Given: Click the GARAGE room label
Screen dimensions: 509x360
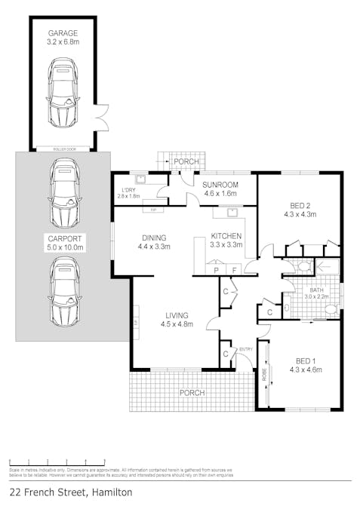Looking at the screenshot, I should coord(63,34).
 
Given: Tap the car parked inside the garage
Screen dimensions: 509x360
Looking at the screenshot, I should coord(62,94).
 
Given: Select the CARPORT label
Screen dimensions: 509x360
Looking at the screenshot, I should coord(63,238).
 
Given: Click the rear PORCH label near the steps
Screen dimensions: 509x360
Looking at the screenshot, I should coord(186,161).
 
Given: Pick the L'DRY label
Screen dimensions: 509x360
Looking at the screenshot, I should coord(128,190).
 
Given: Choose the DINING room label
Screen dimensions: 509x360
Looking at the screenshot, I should coord(154,237).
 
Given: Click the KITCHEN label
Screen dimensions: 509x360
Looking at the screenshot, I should coord(226,235).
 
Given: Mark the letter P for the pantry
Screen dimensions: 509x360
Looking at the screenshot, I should coord(217,269).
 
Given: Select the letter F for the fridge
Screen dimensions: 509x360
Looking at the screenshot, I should coord(234,269).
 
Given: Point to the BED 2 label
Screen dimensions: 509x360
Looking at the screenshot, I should coord(300,204).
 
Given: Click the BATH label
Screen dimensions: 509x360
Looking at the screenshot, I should coord(312,289).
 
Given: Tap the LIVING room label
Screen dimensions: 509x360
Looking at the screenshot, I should coord(177,315).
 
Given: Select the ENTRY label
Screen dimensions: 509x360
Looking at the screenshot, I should coord(246,349).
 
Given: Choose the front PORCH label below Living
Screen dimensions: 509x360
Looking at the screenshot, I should coord(192,393).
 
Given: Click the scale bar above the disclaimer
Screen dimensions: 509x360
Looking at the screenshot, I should coord(57,461).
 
